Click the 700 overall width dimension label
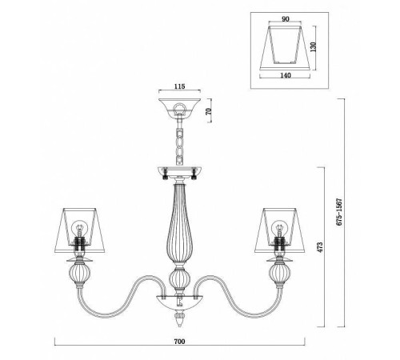(x=179, y=342)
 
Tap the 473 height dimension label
(x=320, y=247)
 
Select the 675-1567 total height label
(x=339, y=212)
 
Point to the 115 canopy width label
(x=180, y=86)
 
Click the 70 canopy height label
(x=210, y=111)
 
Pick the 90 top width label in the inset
(x=286, y=19)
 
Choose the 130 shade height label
(x=314, y=47)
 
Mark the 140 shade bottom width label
(x=286, y=75)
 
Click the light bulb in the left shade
(x=79, y=227)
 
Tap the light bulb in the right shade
(x=279, y=227)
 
